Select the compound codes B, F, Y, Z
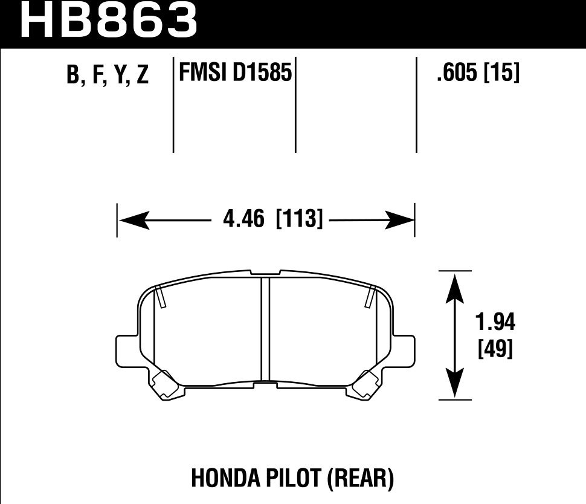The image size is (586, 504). click(x=108, y=76)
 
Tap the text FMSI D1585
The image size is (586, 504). click(x=235, y=74)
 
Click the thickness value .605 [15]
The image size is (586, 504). click(x=477, y=74)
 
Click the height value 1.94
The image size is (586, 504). click(x=495, y=324)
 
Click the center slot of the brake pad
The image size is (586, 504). click(x=265, y=329)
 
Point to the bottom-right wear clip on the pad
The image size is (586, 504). click(x=365, y=385)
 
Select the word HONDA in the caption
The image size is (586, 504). click(x=225, y=479)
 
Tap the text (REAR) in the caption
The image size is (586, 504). click(x=360, y=479)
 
